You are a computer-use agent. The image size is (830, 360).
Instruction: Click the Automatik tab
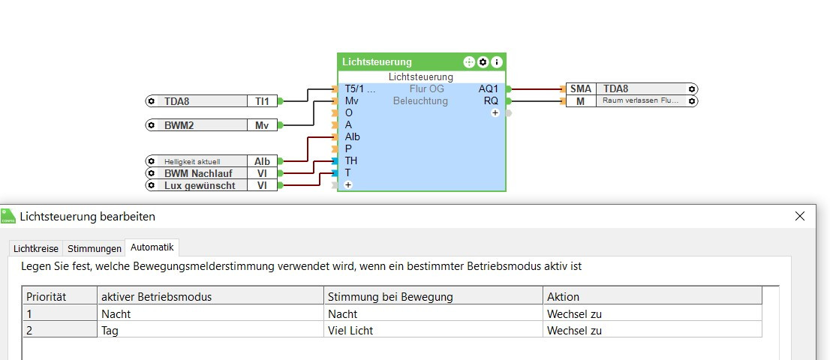pyautogui.click(x=152, y=247)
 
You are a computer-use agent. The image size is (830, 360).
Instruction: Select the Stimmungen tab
pyautogui.click(x=95, y=248)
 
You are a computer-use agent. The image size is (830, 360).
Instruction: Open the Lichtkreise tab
pyautogui.click(x=36, y=248)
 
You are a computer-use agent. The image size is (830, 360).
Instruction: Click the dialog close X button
pyautogui.click(x=800, y=216)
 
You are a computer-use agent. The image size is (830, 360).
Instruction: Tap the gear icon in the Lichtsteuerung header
pyautogui.click(x=483, y=62)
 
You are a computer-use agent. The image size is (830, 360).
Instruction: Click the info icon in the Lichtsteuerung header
pyautogui.click(x=496, y=62)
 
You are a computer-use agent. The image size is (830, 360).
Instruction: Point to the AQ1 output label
pyautogui.click(x=488, y=88)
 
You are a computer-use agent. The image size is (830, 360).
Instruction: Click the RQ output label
pyautogui.click(x=491, y=100)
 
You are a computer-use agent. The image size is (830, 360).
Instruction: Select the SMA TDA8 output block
pyautogui.click(x=631, y=88)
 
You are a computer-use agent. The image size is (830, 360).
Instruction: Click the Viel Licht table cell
pyautogui.click(x=350, y=330)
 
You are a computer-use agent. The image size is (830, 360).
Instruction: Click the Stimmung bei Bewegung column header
pyautogui.click(x=390, y=296)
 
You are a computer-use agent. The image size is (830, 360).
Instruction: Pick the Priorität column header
pyautogui.click(x=47, y=296)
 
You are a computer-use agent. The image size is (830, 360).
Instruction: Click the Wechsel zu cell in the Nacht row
pyautogui.click(x=575, y=313)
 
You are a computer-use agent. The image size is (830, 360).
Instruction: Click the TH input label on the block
pyautogui.click(x=351, y=160)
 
